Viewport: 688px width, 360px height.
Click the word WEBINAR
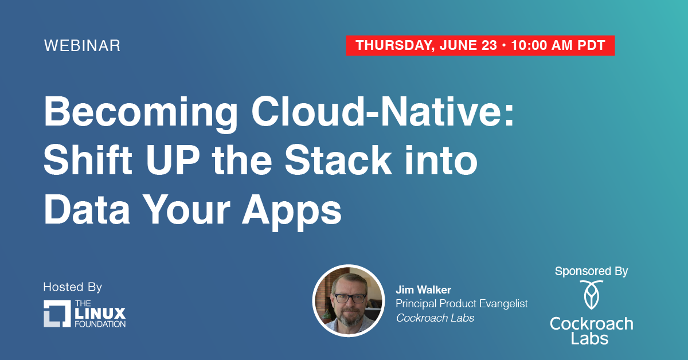(x=82, y=45)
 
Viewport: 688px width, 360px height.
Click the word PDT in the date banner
(x=591, y=45)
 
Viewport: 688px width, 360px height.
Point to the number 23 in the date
(x=489, y=45)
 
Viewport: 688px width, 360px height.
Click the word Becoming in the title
(x=141, y=113)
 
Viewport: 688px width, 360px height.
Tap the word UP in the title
(x=173, y=160)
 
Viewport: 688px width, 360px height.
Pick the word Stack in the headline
(x=338, y=160)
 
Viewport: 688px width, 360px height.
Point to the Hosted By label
(x=72, y=287)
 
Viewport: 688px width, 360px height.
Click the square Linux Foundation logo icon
(x=57, y=314)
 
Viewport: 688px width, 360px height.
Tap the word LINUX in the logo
(x=100, y=314)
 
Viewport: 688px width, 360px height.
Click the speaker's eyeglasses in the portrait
(x=350, y=298)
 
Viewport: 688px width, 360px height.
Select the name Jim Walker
(x=423, y=289)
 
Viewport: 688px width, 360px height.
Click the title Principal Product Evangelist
(x=462, y=303)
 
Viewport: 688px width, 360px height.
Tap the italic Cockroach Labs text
(x=435, y=318)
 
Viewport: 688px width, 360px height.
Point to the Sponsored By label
(x=591, y=271)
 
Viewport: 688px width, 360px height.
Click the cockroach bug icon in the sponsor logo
(x=591, y=295)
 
